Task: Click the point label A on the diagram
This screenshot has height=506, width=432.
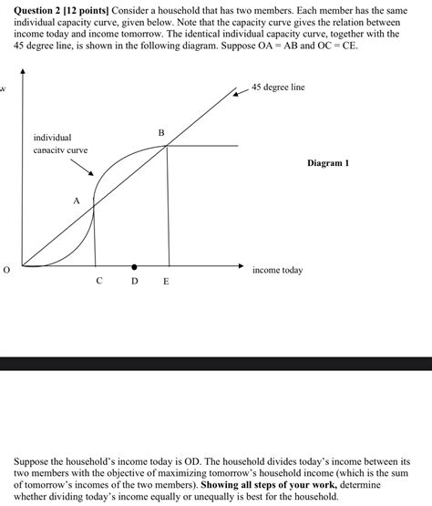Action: coord(77,200)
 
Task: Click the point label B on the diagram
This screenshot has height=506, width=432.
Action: coord(161,133)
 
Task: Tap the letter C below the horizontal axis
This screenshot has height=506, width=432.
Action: coord(99,281)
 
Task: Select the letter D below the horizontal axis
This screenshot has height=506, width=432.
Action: coord(134,281)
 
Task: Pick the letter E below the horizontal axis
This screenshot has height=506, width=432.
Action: coord(166,282)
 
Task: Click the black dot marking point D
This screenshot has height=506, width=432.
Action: coord(135,267)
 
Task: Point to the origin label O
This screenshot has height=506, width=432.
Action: coord(6,270)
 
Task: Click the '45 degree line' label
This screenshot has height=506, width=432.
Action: coord(279,87)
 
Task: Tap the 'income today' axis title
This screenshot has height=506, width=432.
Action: coord(277,270)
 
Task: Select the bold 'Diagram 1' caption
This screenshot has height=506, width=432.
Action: coord(328,162)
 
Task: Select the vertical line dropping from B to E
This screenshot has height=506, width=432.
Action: coord(168,210)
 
